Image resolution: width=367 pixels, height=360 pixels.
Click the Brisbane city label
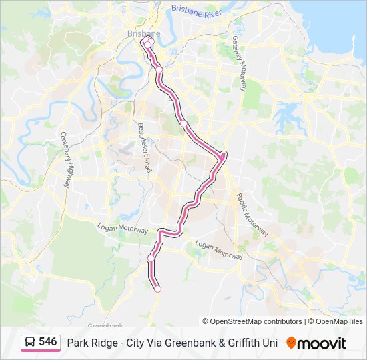tap(143, 33)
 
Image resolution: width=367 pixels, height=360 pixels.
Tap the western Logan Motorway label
tap(122, 228)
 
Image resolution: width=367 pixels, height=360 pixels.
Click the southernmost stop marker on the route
tap(157, 289)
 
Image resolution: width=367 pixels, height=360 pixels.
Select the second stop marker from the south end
tap(151, 258)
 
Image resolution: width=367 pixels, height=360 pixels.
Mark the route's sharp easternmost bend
tap(223, 156)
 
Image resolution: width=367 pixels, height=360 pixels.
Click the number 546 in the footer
tap(47, 341)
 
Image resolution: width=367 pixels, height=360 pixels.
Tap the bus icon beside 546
tap(30, 342)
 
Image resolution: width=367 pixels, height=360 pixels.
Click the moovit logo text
tap(322, 343)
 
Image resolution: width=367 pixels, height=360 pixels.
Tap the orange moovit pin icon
tap(290, 343)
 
